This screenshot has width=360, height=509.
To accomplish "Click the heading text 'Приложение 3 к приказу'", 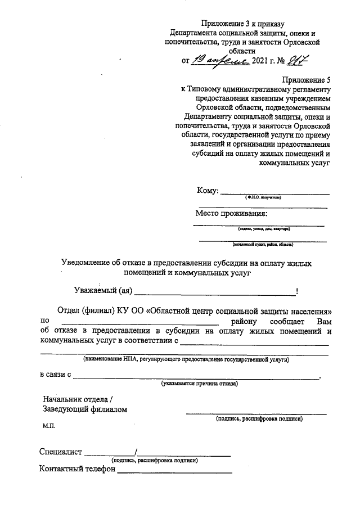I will point(244,23).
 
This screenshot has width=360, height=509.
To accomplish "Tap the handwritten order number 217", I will point(297,60).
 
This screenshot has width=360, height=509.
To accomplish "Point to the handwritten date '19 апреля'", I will point(213,60).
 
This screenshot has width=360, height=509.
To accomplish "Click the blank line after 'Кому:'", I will point(274,193).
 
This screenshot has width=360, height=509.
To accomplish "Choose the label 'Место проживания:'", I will point(231,213).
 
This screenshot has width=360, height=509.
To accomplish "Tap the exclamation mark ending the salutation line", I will point(296,291).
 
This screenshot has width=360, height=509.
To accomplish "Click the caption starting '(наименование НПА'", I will point(186,359).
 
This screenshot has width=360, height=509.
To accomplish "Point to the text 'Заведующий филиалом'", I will point(85,409).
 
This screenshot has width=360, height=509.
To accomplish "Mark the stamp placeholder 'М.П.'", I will point(50,427).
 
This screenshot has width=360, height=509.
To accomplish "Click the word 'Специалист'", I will point(61,452).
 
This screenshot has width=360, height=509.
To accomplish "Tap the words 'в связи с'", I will point(55,375).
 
